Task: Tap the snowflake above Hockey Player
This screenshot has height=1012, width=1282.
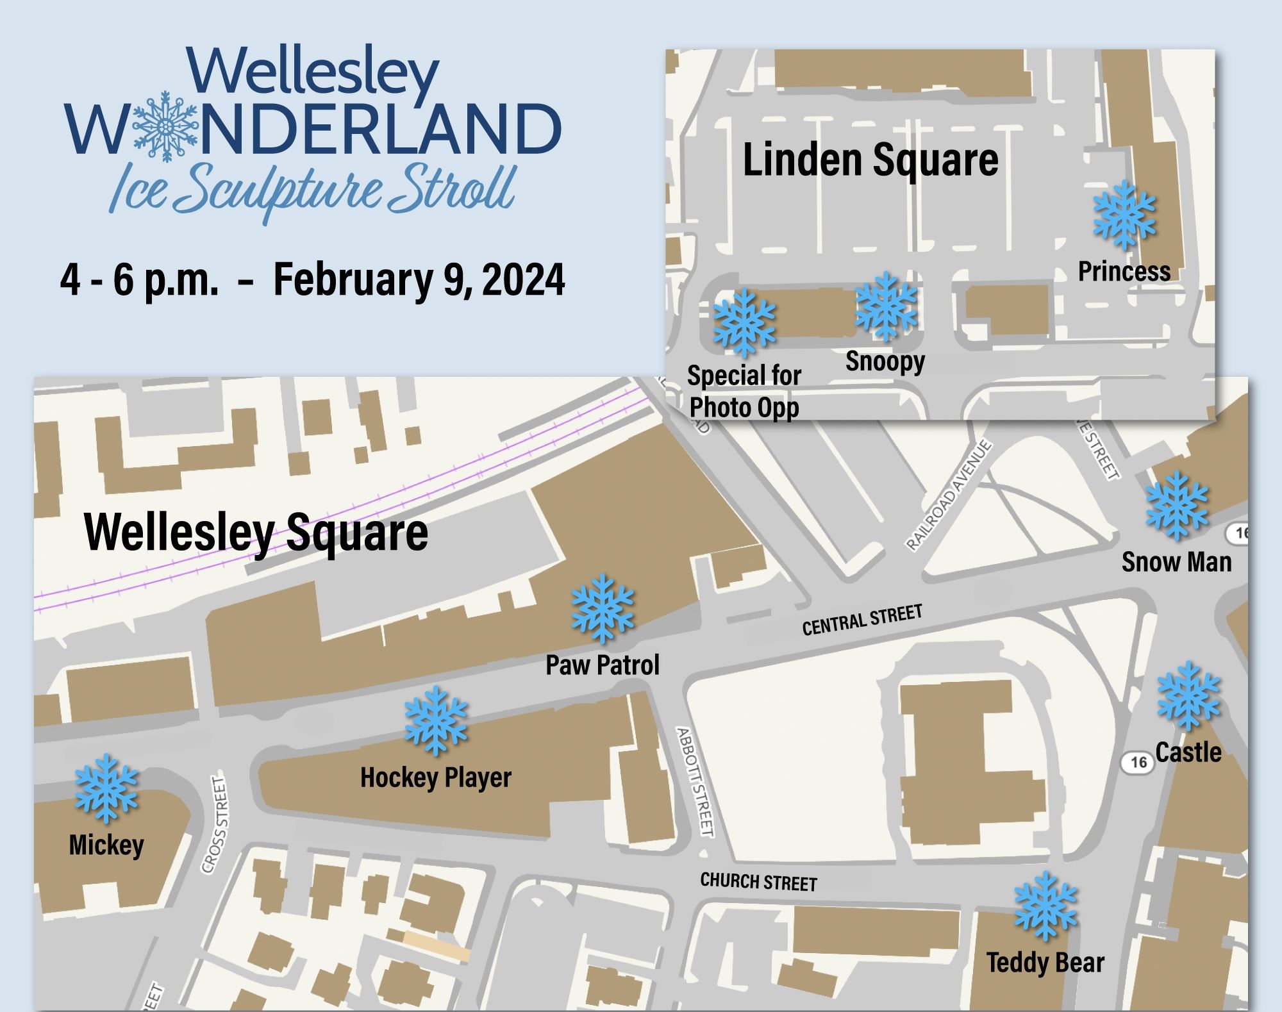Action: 436,720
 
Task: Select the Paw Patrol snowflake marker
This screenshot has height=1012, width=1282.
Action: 602,608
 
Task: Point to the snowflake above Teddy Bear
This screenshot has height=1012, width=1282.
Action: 1045,906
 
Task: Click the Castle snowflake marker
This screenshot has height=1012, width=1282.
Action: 1188,696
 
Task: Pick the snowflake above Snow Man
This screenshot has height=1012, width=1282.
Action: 1176,505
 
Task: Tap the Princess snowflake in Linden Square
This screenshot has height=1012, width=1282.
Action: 1124,215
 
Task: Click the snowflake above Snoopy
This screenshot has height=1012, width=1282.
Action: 886,306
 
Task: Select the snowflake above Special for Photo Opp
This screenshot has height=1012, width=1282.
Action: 744,322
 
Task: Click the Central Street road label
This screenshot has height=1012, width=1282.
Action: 862,620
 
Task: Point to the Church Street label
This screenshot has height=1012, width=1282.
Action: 758,882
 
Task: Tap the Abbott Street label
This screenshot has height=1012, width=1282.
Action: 695,781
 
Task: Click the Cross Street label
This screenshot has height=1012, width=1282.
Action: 215,825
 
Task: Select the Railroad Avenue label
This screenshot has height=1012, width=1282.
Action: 949,495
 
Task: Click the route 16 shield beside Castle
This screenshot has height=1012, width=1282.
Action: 1138,762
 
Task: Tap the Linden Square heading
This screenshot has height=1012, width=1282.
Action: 870,160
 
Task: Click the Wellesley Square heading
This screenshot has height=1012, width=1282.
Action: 256,532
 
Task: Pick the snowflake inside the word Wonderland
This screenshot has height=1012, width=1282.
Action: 165,126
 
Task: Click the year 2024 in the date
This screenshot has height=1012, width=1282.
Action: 524,279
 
